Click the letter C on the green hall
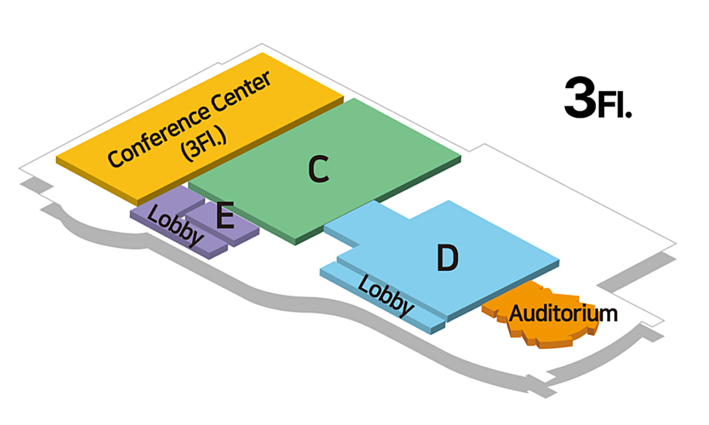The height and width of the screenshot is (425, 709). point(319,169)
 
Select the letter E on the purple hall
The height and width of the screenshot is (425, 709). point(225,216)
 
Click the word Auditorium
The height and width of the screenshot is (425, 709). point(564,313)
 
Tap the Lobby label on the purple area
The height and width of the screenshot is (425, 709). point(174,226)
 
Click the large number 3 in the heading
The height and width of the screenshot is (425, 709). point(579,98)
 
